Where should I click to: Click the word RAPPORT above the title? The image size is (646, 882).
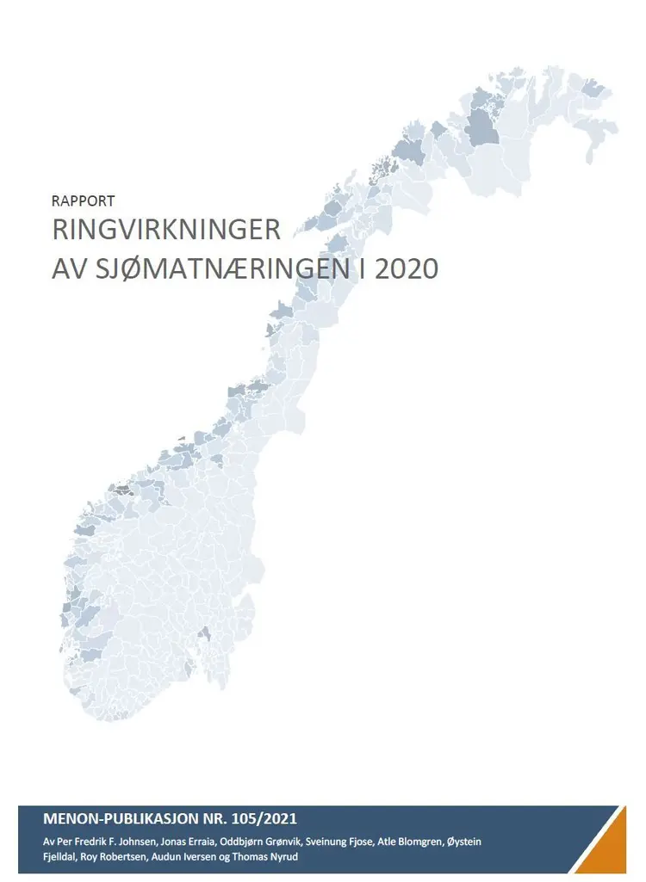click(83, 201)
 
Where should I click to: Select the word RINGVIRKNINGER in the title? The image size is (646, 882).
click(166, 231)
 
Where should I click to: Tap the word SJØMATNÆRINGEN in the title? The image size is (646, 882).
click(212, 268)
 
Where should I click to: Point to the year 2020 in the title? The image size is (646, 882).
click(406, 268)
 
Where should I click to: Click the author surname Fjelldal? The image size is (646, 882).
click(62, 856)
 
